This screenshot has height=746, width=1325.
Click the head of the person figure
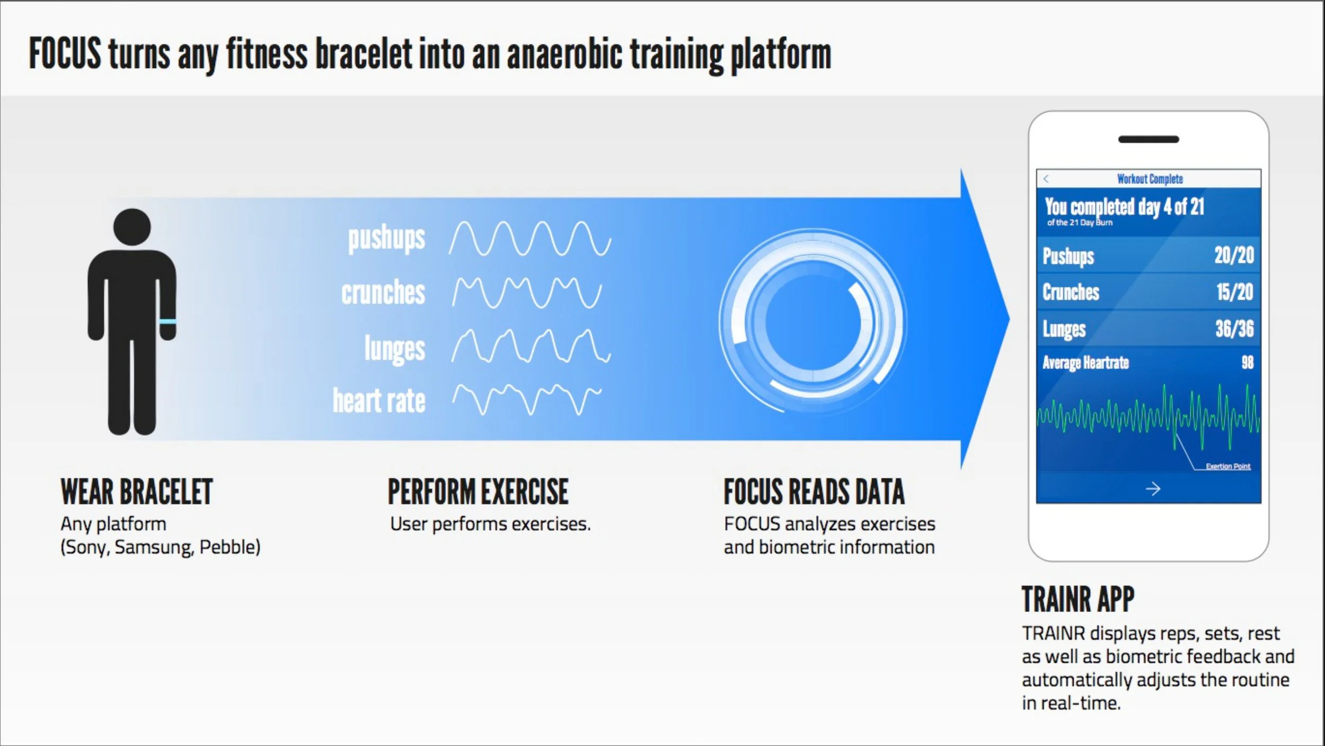132,227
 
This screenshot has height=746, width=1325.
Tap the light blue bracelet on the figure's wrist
167,322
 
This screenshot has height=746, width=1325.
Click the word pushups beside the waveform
386,238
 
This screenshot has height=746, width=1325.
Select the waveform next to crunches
527,293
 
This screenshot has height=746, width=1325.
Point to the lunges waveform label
394,348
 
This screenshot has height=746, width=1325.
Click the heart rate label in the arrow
379,401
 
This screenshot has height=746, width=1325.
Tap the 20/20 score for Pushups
1234,256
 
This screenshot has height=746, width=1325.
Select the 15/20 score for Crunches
1234,292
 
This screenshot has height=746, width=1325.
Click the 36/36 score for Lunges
1234,329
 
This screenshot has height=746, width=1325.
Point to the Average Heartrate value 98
1247,363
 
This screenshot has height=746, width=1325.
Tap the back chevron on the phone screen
1046,179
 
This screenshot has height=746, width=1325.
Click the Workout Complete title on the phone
1150,179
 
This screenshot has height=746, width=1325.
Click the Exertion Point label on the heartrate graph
1227,467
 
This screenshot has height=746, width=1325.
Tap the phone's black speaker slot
1149,139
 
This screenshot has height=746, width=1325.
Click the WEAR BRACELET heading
137,492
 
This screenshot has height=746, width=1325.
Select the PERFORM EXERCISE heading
478,492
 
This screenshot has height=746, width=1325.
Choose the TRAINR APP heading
1077,600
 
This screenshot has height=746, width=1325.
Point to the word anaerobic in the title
564,55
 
